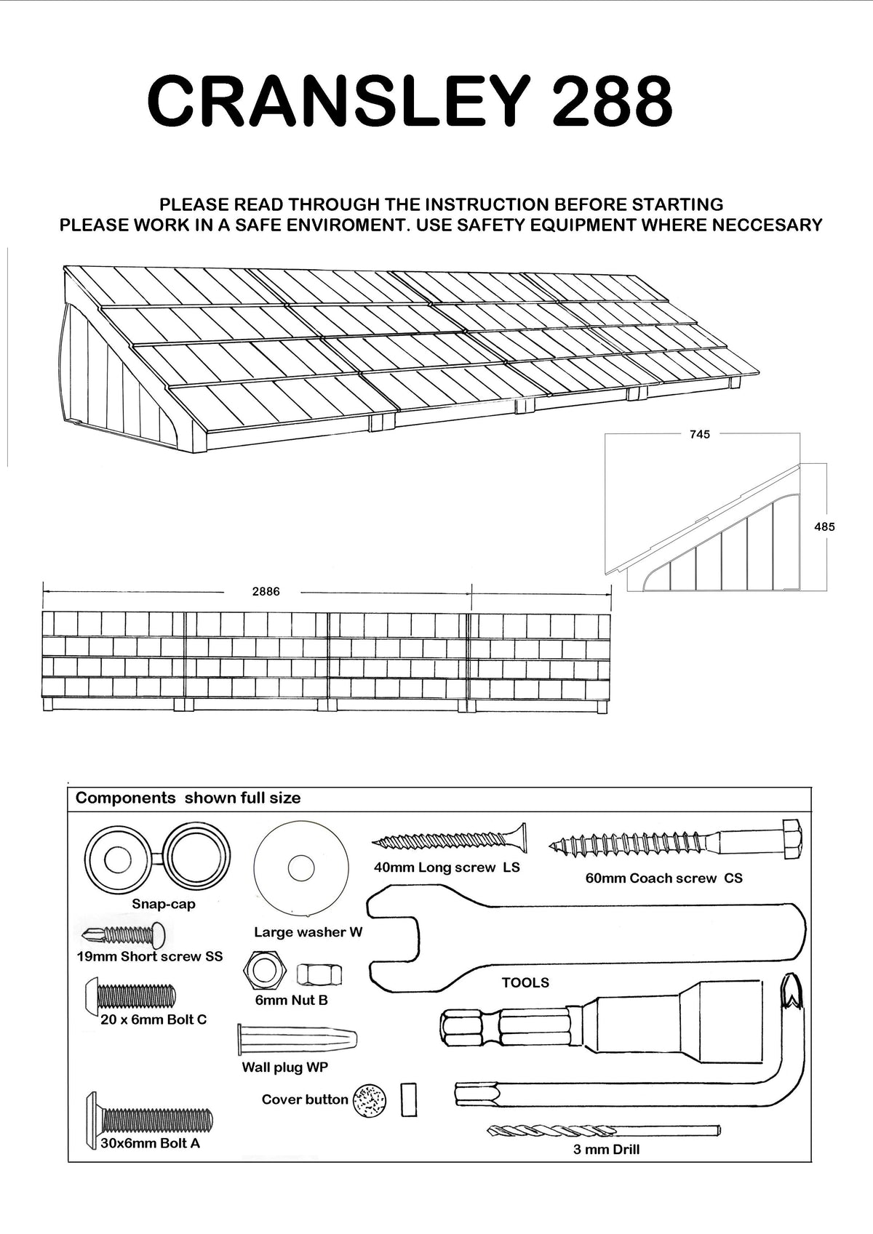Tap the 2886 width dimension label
(x=266, y=592)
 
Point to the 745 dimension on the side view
(x=699, y=435)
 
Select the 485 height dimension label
(x=824, y=526)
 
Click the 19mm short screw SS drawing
(x=124, y=934)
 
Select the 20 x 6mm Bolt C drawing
(x=132, y=994)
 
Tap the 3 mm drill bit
(x=604, y=1131)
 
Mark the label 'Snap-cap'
(x=164, y=905)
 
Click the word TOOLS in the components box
(x=525, y=983)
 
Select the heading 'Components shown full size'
(x=188, y=798)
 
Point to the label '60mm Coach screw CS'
(x=663, y=878)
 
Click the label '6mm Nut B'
(x=291, y=1001)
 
